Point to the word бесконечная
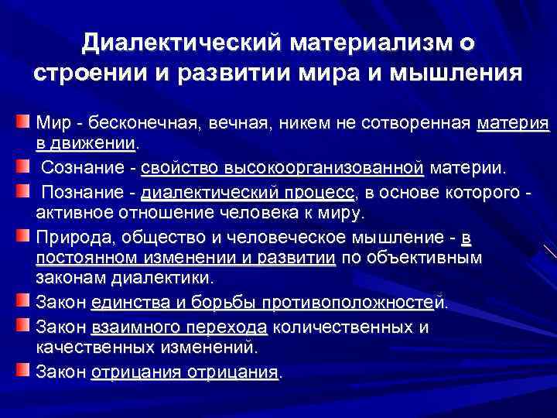pos(144,123)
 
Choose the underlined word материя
pos(514,123)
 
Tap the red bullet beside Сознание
pos(23,164)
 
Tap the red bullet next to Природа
pos(23,233)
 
